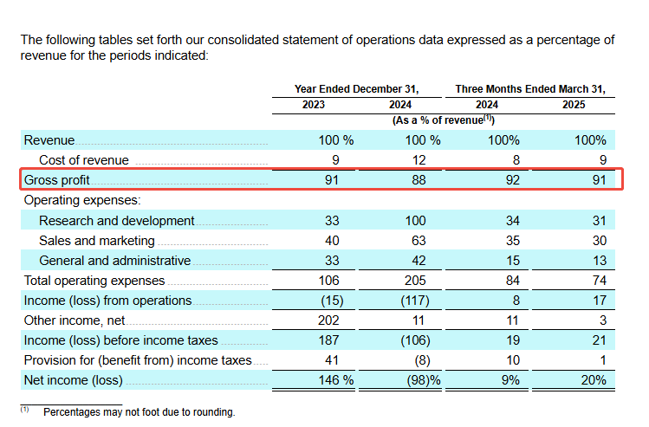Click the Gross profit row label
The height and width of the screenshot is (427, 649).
pyautogui.click(x=56, y=180)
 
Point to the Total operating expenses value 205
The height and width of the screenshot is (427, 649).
pyautogui.click(x=415, y=281)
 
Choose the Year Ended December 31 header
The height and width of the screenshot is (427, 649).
pyautogui.click(x=356, y=88)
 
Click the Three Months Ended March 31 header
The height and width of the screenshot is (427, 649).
pyautogui.click(x=530, y=88)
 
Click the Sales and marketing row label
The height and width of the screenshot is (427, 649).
pyautogui.click(x=97, y=241)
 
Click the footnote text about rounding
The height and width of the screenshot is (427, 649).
pyautogui.click(x=139, y=412)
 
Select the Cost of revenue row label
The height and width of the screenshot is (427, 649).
pyautogui.click(x=84, y=160)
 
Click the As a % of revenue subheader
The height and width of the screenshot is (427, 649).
pyautogui.click(x=443, y=120)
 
